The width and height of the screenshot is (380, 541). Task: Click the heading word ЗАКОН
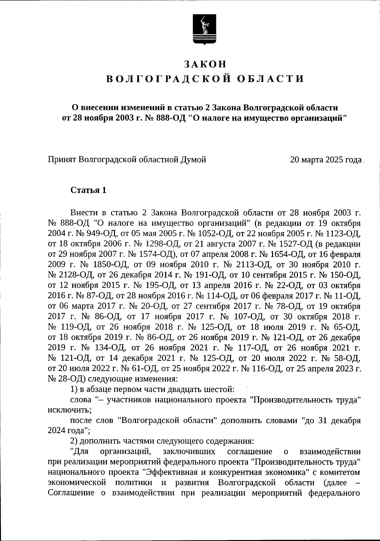pyautogui.click(x=206, y=64)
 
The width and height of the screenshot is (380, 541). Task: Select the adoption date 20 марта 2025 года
pyautogui.click(x=326, y=159)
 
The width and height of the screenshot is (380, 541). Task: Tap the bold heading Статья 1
pyautogui.click(x=88, y=190)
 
